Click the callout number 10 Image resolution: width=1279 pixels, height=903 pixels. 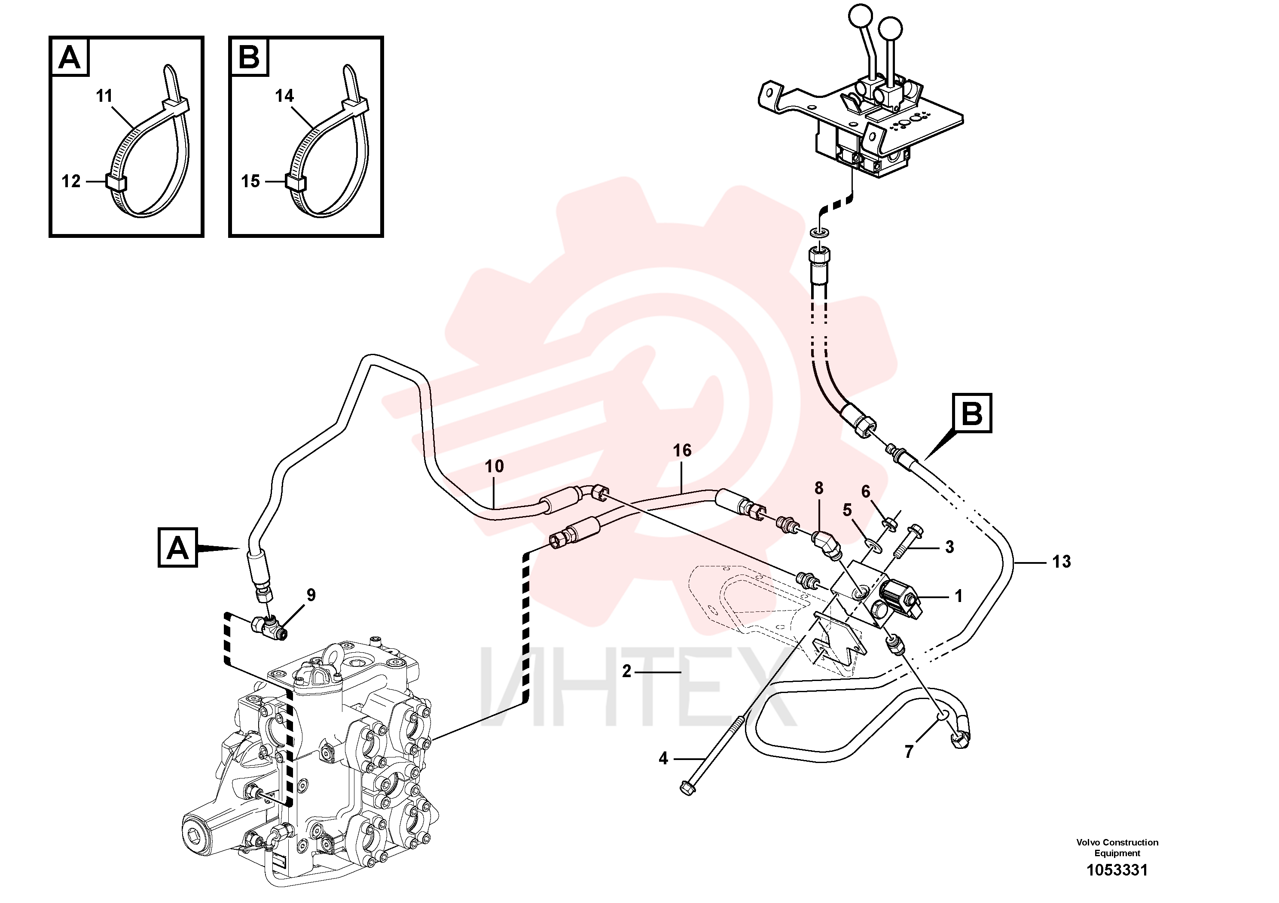[x=494, y=467]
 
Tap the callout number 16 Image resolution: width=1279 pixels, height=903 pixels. [x=682, y=451]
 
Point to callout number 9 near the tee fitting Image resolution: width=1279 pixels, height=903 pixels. [x=311, y=595]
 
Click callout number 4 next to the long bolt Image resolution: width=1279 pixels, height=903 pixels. [x=663, y=758]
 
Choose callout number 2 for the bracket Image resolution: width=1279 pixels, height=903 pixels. [x=627, y=672]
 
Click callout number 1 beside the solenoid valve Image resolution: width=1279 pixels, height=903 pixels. [x=958, y=596]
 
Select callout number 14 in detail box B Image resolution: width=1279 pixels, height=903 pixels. [x=284, y=96]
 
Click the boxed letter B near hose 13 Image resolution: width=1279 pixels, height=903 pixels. [x=972, y=413]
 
